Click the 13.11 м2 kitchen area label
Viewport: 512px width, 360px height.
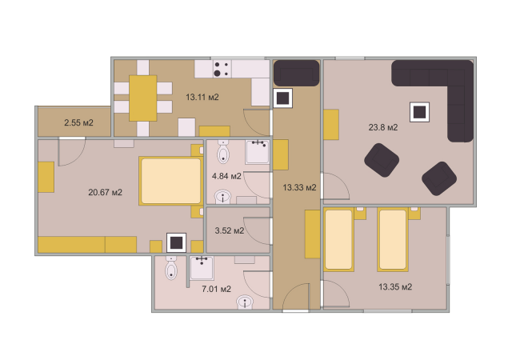[202, 97]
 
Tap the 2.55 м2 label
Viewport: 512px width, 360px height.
[78, 122]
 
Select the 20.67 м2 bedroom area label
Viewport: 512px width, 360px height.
[105, 192]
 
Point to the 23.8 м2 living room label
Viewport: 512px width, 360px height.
[383, 127]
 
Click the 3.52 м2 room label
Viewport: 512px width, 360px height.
[230, 230]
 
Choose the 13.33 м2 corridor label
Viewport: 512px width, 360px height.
[299, 187]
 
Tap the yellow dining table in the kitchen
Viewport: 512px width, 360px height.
[142, 98]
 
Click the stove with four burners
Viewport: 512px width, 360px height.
[222, 69]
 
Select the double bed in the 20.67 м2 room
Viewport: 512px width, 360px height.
[170, 181]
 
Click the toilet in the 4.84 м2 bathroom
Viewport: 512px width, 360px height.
[223, 152]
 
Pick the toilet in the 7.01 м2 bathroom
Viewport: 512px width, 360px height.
[171, 268]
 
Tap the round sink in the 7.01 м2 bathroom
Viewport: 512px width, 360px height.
[245, 302]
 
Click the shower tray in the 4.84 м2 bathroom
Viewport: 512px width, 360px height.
[258, 152]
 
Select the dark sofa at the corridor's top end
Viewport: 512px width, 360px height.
[296, 73]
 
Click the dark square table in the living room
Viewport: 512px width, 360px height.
[419, 112]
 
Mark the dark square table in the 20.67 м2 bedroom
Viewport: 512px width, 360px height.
[176, 242]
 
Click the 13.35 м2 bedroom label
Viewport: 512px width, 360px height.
[395, 287]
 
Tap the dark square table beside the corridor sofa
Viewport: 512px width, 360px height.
[282, 98]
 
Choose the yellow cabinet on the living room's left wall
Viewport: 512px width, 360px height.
[331, 125]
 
